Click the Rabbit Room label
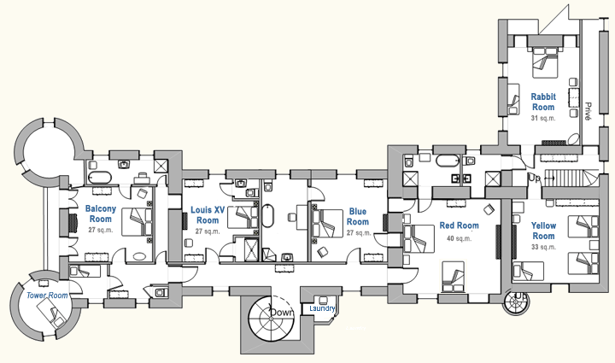coord(543,102)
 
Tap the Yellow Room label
coord(543,231)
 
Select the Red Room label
coord(459,226)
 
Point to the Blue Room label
coord(358,217)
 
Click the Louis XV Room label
coord(208,214)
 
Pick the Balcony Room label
coord(106,214)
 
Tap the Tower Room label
coord(46,296)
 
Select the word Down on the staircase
coord(281,313)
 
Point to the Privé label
coord(589,110)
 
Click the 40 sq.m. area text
coord(459,238)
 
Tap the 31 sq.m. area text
coord(543,119)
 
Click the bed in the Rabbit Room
coord(544,61)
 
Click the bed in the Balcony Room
coord(138,223)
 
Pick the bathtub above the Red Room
coord(448,160)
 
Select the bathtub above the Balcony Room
coord(100,178)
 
